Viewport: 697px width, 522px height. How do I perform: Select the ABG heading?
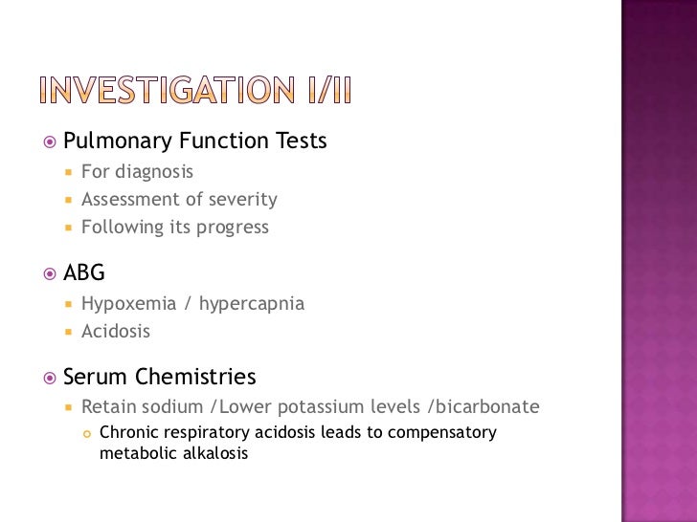click(x=84, y=273)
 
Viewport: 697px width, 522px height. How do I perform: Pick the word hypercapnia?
click(x=252, y=304)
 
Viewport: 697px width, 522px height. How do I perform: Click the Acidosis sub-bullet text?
click(x=116, y=332)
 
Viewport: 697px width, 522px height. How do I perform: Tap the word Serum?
click(x=96, y=377)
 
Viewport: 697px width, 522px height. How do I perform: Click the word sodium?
click(x=171, y=406)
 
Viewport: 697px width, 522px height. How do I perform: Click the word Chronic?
click(x=129, y=432)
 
